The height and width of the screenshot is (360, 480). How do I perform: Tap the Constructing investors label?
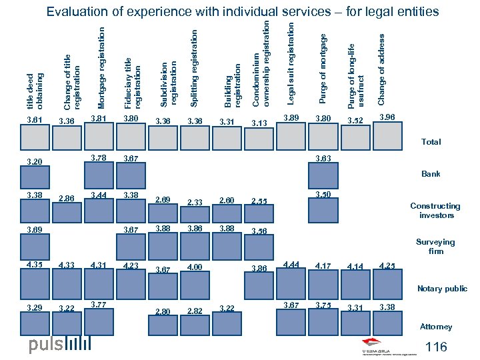(435, 211)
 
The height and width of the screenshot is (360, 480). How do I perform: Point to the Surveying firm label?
(435, 247)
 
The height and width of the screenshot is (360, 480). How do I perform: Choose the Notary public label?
(442, 289)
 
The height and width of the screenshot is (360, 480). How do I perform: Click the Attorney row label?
(436, 327)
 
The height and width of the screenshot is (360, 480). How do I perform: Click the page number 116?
(436, 347)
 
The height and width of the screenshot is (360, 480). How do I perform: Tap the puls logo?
(59, 345)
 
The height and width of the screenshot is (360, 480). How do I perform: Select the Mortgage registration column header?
(101, 67)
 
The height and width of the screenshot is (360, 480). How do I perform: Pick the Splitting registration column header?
(194, 67)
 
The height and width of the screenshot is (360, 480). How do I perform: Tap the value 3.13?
(260, 123)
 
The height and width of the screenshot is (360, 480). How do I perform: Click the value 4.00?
(195, 268)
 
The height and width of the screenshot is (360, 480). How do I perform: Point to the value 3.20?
(33, 161)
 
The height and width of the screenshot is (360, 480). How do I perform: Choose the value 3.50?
(323, 195)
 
